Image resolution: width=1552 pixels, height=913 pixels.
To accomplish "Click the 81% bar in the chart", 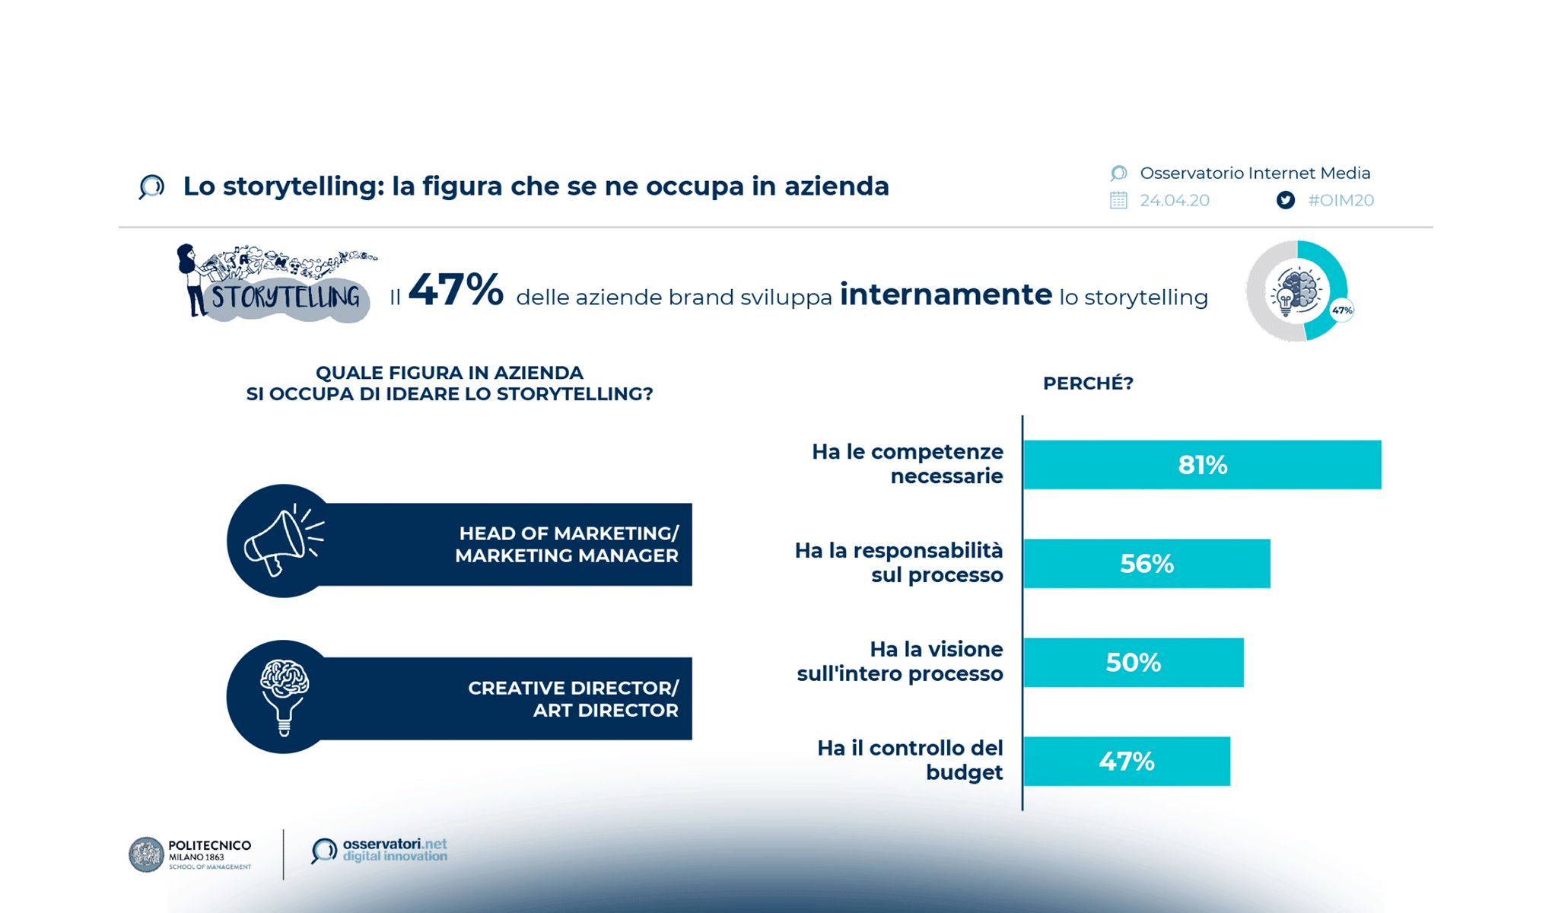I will (x=1202, y=465).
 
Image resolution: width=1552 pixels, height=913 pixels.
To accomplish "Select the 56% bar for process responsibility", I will (x=1147, y=564).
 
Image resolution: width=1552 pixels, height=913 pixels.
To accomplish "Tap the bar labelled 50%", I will (x=1134, y=663).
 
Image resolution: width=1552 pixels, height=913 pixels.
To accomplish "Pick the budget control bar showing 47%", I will (x=1127, y=761).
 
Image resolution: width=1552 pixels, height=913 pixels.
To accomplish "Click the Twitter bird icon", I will (x=1286, y=200).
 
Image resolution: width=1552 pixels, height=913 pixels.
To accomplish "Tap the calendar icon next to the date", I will (x=1118, y=200).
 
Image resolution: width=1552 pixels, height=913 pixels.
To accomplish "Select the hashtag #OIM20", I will (x=1341, y=200).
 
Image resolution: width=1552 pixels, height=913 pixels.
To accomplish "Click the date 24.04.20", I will (x=1174, y=200).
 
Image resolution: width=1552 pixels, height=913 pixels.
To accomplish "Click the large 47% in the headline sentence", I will (x=456, y=291).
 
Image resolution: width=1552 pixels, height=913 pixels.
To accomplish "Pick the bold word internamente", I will (x=946, y=294).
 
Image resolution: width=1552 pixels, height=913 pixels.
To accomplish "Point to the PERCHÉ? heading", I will (x=1088, y=383).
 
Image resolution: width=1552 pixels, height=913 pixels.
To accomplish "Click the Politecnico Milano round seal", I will (x=146, y=854).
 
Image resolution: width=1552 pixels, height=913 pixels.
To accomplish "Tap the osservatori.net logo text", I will (x=394, y=850).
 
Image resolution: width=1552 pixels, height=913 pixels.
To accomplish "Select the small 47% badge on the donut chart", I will (x=1342, y=310).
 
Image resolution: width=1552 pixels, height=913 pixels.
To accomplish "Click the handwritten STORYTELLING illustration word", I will (x=285, y=297).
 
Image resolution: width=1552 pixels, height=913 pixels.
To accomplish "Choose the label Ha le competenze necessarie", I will (x=908, y=463).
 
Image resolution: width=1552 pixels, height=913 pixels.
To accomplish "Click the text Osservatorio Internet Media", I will (x=1255, y=173).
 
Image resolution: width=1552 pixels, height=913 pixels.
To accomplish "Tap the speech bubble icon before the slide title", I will (x=152, y=186).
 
